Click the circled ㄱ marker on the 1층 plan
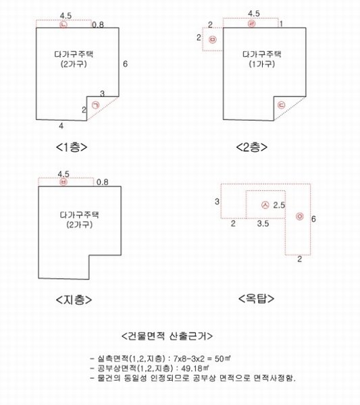[x=96, y=105]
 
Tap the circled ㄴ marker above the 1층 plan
[x=63, y=24]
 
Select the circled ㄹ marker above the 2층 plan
[x=251, y=24]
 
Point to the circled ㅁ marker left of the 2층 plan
[x=213, y=40]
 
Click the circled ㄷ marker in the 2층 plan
[x=281, y=105]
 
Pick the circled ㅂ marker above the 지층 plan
[x=63, y=182]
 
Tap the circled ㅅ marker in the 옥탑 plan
[x=265, y=205]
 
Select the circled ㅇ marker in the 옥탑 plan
[x=299, y=217]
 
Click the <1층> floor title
[x=72, y=147]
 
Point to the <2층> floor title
[x=252, y=147]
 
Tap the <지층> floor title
[x=74, y=300]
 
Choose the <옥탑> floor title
[x=256, y=298]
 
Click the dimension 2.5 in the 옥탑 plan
[x=279, y=205]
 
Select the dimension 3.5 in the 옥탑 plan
[x=263, y=223]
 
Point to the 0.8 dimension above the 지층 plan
[x=103, y=182]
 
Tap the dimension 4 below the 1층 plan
[x=61, y=126]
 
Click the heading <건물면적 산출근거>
[x=167, y=336]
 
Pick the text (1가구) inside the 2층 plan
[x=262, y=64]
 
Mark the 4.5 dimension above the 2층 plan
[x=254, y=13]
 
